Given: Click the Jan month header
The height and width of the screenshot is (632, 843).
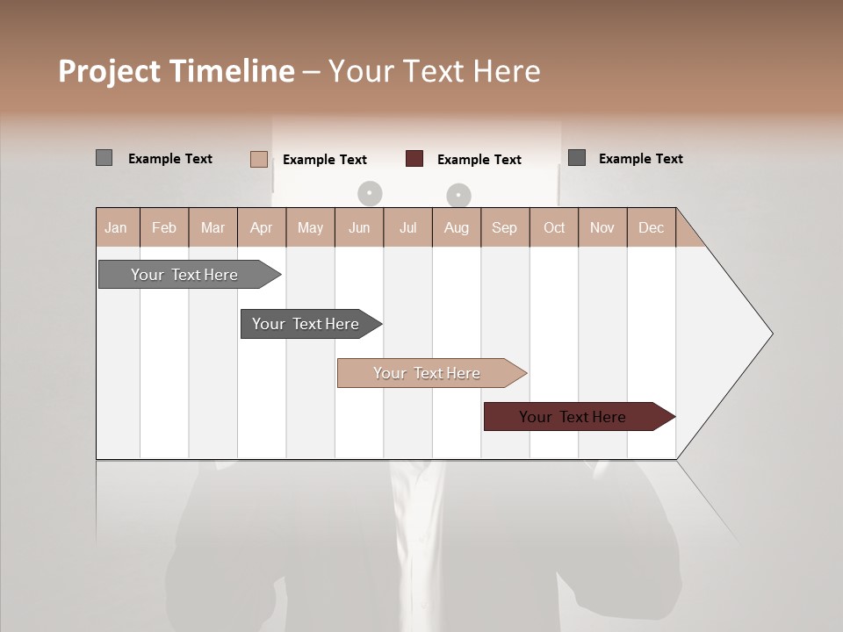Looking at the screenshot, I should point(117,227).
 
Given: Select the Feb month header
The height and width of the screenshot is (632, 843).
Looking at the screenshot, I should point(164,227).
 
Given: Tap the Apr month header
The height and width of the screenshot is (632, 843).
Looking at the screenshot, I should point(262,227).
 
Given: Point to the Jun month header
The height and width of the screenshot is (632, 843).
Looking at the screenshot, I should point(359,227).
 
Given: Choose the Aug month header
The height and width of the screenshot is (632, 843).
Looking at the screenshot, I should point(457,227).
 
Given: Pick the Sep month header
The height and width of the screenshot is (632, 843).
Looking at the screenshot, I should point(505,227).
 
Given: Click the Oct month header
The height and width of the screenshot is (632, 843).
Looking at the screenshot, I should point(554,227).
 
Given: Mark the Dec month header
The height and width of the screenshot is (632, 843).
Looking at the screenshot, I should point(652,227).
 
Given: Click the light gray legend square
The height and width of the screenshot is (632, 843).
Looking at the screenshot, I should point(104,158).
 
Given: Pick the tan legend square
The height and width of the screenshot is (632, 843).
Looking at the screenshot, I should point(259,159).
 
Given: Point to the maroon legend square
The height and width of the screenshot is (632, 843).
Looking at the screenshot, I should point(414,159).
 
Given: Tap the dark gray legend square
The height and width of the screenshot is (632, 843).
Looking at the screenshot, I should point(577,158).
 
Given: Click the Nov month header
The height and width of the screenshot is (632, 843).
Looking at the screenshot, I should point(602,227).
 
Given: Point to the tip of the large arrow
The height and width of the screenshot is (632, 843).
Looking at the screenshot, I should point(771,334).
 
